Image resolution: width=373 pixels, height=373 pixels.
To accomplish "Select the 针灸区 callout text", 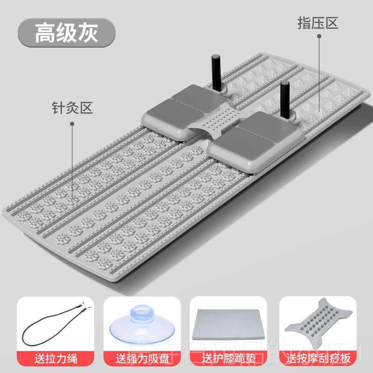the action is [72, 108].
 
